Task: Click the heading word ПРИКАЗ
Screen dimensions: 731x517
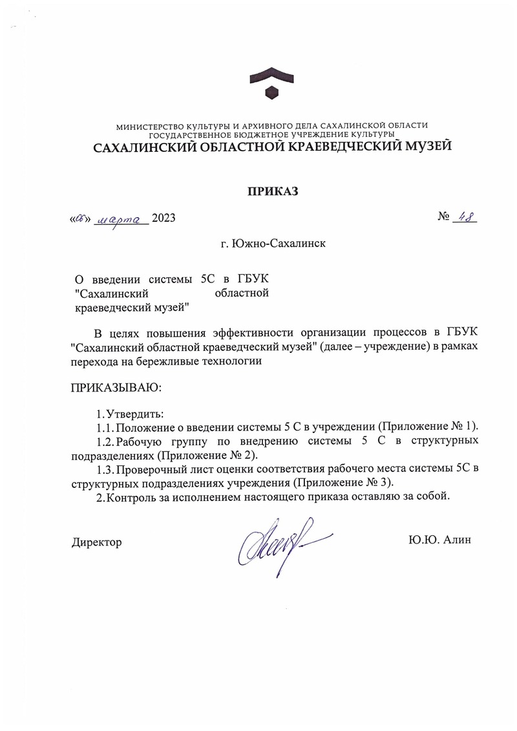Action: pyautogui.click(x=272, y=191)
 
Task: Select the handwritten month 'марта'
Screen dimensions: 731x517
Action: pyautogui.click(x=122, y=219)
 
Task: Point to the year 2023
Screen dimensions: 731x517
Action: pyautogui.click(x=164, y=219)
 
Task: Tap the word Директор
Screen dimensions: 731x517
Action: pyautogui.click(x=96, y=542)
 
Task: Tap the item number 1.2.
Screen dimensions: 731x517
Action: pyautogui.click(x=105, y=441)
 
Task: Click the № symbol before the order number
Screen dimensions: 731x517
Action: pyautogui.click(x=443, y=218)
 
